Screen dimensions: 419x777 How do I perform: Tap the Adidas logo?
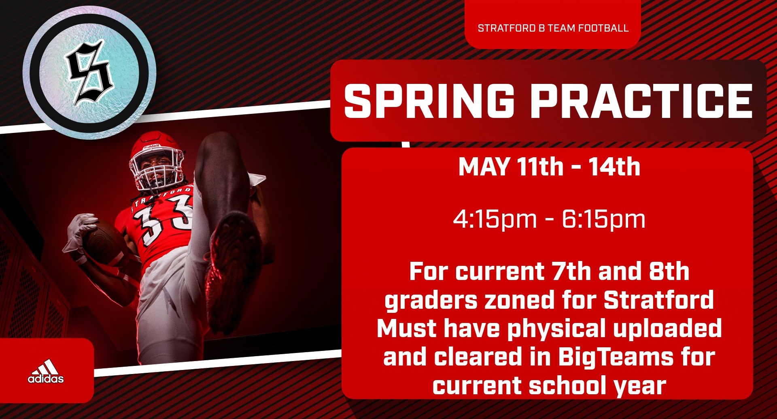coord(46,372)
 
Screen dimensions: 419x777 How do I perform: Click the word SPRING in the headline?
coord(429,101)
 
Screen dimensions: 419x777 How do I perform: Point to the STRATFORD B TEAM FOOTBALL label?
coord(553,28)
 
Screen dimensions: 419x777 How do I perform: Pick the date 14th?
coord(614,167)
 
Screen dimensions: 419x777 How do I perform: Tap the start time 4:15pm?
coord(495,219)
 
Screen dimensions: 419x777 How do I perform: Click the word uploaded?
coord(667,328)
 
